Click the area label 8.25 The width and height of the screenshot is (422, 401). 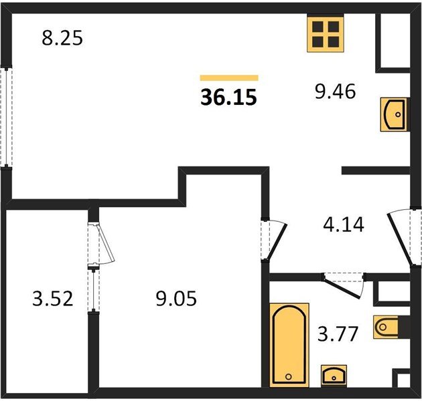click(62, 38)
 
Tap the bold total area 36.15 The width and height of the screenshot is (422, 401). click(229, 97)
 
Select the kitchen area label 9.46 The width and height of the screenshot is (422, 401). click(336, 92)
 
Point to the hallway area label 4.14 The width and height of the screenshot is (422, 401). click(344, 225)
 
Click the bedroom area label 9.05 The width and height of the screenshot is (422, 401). click(176, 298)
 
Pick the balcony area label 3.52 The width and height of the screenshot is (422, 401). click(53, 298)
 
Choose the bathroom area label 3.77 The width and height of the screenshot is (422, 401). click(338, 334)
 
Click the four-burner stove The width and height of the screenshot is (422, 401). click(326, 34)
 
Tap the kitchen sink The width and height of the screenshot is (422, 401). click(395, 115)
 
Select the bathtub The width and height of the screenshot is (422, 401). click(289, 345)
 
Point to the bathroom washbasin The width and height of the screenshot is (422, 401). click(334, 376)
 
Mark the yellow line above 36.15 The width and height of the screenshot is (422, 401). click(229, 78)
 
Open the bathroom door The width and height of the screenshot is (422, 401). click(344, 285)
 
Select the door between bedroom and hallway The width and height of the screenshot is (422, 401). click(274, 239)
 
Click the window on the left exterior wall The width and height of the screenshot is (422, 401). click(6, 117)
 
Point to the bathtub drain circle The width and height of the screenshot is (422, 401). click(289, 376)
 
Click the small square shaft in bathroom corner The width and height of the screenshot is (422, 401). click(402, 380)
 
